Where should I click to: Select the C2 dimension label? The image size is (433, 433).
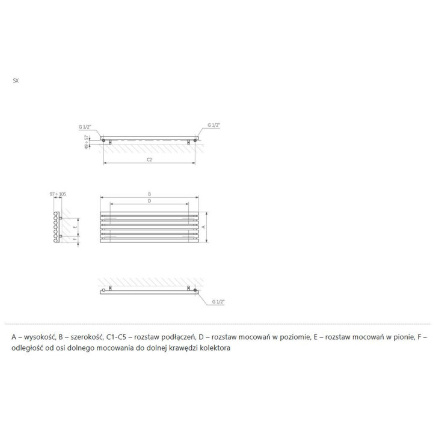pyautogui.click(x=149, y=160)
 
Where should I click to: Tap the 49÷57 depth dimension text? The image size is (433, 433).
pyautogui.click(x=88, y=143)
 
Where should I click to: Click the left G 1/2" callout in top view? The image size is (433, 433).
pyautogui.click(x=85, y=127)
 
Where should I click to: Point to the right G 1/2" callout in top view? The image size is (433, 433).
pyautogui.click(x=214, y=125)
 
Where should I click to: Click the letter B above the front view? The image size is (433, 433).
pyautogui.click(x=149, y=194)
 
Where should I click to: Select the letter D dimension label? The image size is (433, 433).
pyautogui.click(x=149, y=201)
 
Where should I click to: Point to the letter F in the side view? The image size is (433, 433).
pyautogui.click(x=74, y=239)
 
